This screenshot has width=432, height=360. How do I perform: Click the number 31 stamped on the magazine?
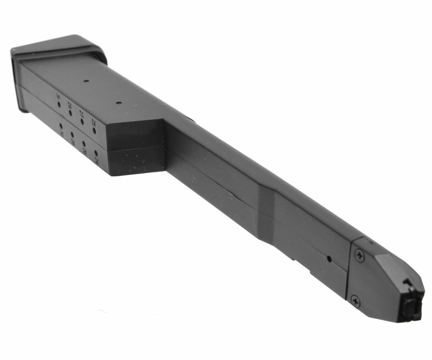(x=58, y=96)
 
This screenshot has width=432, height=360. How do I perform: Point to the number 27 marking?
(x=81, y=114)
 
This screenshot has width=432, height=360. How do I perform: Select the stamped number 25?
(x=94, y=123)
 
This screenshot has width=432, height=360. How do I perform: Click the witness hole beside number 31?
(x=59, y=104)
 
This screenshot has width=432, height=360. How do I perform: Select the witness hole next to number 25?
(x=94, y=130)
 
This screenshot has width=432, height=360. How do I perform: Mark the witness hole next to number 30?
(x=60, y=126)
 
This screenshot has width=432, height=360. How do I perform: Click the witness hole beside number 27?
(x=82, y=122)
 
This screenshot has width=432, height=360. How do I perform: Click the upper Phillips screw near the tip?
(x=359, y=256)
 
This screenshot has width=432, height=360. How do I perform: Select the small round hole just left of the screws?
(x=328, y=258)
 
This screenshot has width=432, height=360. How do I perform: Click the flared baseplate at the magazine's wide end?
(x=58, y=49)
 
